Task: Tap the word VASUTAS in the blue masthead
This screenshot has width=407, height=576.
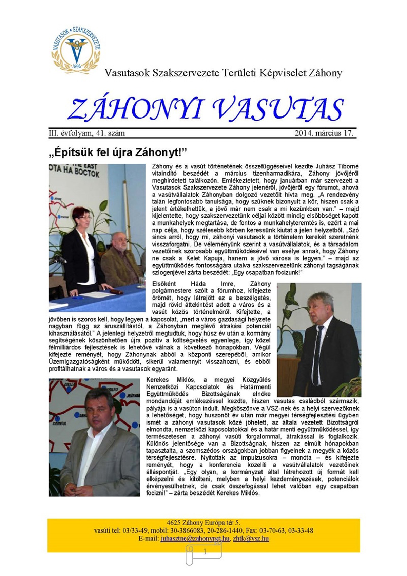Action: [x=278, y=109]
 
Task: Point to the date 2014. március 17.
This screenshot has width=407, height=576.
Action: [x=324, y=133]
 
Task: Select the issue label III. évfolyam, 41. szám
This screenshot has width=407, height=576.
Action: [x=87, y=133]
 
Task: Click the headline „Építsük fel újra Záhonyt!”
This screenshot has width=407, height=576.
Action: [x=118, y=152]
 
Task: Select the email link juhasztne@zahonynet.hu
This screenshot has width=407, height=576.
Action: [x=195, y=539]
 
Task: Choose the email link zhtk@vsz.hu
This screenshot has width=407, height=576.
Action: [x=251, y=539]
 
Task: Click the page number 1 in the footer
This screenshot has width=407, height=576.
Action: [x=205, y=552]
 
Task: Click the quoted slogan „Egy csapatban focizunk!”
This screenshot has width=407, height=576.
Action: [x=268, y=273]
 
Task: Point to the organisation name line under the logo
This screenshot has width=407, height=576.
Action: [x=223, y=73]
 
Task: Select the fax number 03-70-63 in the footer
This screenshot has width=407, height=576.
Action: [x=273, y=531]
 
